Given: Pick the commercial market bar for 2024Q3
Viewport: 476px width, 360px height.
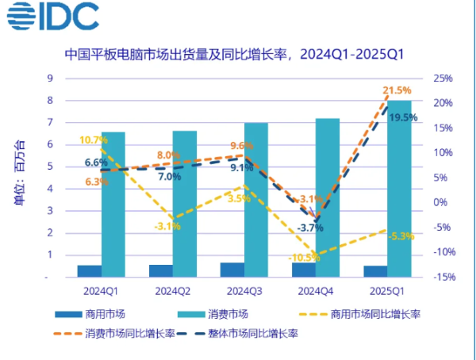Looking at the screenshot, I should pos(232,270).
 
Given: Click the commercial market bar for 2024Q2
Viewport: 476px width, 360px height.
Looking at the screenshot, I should pos(161,271).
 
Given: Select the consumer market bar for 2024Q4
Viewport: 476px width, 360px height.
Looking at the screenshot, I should pos(328,197).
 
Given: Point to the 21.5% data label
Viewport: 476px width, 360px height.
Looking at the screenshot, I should pos(397,90).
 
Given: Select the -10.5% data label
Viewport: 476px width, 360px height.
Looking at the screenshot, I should pos(305,257).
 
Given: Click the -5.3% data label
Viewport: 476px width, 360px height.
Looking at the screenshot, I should pos(401,236).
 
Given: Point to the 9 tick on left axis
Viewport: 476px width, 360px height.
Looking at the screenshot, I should pos(50,78).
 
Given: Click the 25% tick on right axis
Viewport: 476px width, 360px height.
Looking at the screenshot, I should pos(443,79).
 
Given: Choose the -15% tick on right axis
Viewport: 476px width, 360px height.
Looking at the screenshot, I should pos(443,278).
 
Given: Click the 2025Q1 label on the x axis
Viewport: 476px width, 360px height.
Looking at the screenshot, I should pos(387,291).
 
